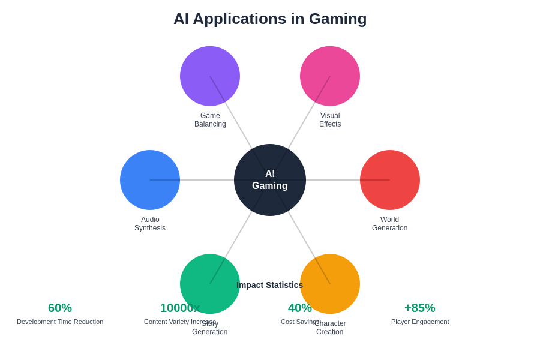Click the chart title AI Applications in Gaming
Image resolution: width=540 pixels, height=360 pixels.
[270, 19]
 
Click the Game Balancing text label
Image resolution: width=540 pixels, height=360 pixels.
[210, 120]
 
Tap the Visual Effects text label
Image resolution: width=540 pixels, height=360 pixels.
[330, 120]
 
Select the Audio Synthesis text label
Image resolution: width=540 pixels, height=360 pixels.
[150, 224]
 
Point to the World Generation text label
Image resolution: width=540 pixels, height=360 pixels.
[390, 224]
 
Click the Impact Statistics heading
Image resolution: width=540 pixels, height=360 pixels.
[269, 285]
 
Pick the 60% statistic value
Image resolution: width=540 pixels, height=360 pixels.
[60, 308]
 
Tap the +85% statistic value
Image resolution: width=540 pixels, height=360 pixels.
[420, 308]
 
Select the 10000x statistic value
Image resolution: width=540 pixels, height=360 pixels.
[180, 308]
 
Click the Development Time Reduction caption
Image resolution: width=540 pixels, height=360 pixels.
[60, 322]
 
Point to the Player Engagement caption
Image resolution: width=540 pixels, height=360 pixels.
[420, 322]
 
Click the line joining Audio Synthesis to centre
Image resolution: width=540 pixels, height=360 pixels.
[207, 180]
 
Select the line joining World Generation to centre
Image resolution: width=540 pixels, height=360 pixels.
[333, 180]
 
